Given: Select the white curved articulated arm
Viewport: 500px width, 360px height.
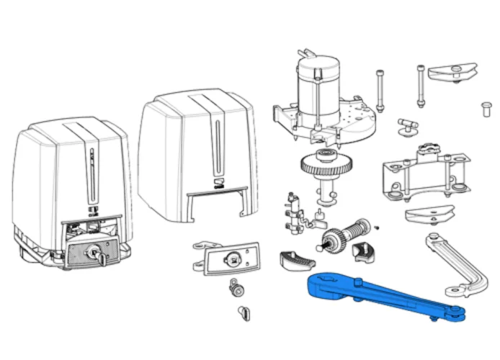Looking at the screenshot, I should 458,266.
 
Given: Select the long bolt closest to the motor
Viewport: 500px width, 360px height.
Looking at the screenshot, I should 378,90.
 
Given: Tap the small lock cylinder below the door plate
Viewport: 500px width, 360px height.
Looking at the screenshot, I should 234,289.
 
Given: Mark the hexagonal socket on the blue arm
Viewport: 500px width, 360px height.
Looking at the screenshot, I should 321,281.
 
